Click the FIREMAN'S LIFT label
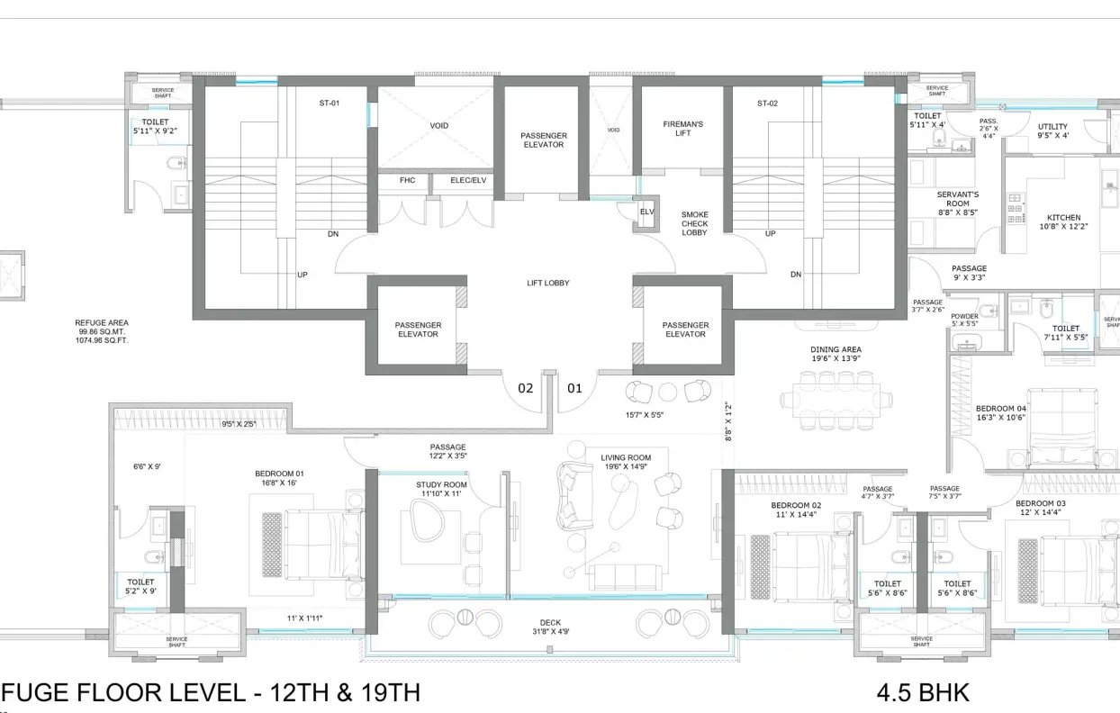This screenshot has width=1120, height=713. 682,128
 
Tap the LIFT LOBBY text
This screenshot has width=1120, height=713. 548,284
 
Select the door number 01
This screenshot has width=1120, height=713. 574,389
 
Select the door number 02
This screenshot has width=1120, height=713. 525,389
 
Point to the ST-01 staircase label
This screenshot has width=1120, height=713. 329,104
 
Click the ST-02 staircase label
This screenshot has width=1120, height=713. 767,104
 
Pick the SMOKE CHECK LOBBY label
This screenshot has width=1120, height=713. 694,224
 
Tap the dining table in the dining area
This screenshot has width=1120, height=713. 836,398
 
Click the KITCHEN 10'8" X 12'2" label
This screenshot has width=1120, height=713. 1063,222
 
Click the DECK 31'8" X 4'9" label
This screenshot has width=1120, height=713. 550,627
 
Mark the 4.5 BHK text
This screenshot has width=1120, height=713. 923,692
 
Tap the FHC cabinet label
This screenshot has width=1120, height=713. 407,180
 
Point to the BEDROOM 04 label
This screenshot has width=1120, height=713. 1001,412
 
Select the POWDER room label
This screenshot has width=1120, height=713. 964,320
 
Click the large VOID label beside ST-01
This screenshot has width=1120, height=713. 438,126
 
